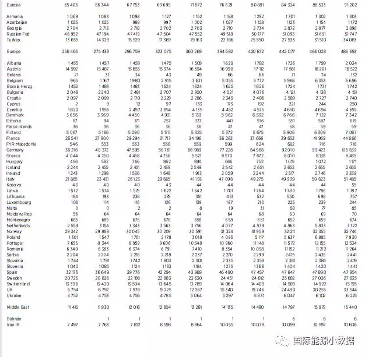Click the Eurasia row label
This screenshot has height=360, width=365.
pyautogui.click(x=14, y=4)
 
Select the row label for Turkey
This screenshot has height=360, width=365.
pyautogui.click(x=13, y=40)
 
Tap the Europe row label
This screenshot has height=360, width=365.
pyautogui.click(x=13, y=51)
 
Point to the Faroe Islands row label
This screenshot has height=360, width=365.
pyautogui.click(x=19, y=126)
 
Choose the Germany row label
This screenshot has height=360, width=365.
pyautogui.click(x=15, y=150)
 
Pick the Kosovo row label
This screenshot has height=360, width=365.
pyautogui.click(x=14, y=185)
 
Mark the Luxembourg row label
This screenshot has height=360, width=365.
pyautogui.click(x=19, y=202)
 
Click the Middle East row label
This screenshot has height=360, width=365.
pyautogui.click(x=17, y=306)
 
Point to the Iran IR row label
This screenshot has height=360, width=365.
pyautogui.click(x=13, y=324)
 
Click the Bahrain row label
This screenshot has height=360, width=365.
pyautogui.click(x=14, y=319)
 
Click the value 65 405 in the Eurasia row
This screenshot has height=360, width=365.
pyautogui.click(x=71, y=4)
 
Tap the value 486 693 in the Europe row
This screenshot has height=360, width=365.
pyautogui.click(x=348, y=51)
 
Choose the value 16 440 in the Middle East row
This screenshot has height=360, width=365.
pyautogui.click(x=350, y=306)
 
